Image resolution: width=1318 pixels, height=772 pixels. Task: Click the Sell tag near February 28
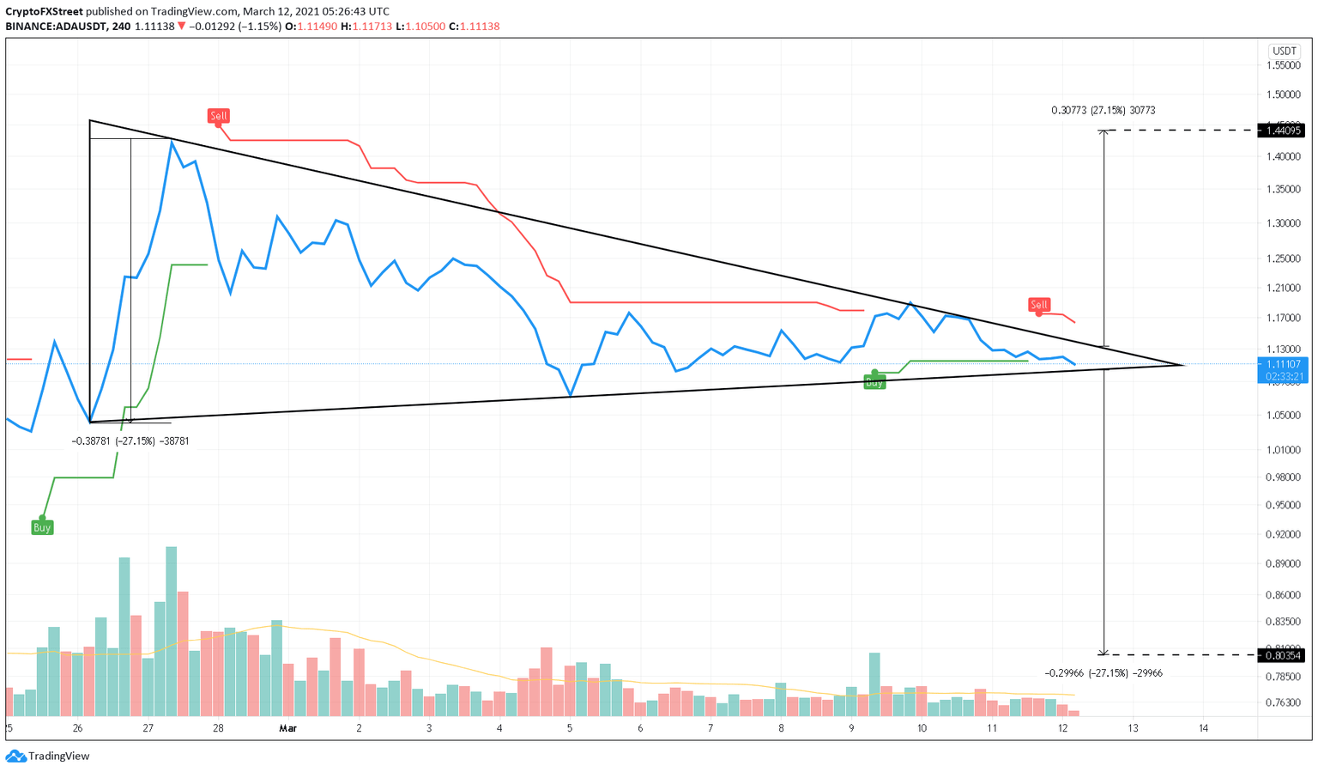[219, 116]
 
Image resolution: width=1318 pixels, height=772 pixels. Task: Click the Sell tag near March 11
[1038, 305]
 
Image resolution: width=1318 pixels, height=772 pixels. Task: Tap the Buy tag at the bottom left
[42, 527]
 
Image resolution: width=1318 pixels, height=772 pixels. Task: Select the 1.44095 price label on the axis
[1280, 131]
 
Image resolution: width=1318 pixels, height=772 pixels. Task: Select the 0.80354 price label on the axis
[1280, 655]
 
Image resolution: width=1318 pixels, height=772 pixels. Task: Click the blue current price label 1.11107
[1283, 364]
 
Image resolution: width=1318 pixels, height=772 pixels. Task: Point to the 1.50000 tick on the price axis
[1283, 94]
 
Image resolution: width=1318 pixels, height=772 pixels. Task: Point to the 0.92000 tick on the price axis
[1283, 534]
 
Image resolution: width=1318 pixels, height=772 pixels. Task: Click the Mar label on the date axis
[287, 728]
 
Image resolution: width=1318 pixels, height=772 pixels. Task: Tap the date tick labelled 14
[1203, 728]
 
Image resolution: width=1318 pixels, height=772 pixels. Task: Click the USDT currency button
[1284, 52]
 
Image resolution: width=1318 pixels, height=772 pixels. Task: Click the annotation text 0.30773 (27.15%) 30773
[1103, 111]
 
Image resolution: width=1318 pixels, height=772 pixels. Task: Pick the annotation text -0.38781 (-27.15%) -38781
[130, 441]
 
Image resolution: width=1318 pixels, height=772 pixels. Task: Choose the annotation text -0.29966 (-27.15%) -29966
[1103, 673]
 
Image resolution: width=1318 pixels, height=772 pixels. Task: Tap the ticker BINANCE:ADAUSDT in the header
[54, 27]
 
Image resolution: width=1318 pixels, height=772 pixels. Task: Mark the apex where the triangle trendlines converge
[1184, 365]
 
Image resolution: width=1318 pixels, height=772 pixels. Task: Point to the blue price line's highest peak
[172, 141]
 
